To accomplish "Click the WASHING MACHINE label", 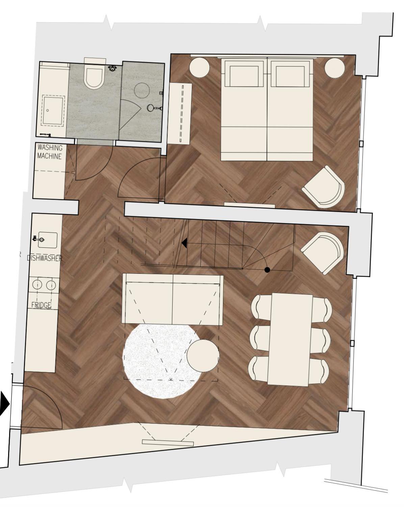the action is point(50,152).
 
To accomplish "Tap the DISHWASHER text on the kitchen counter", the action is point(45,258).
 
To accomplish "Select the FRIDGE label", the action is point(41,305).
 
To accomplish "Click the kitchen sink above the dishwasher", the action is point(48,240).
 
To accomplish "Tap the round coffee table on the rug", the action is point(203,355).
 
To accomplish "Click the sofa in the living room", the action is point(172,299).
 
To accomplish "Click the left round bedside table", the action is point(200,68).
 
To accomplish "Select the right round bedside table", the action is point(335,68).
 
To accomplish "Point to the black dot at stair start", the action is point(267,270).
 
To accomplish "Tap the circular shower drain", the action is point(142,90).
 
